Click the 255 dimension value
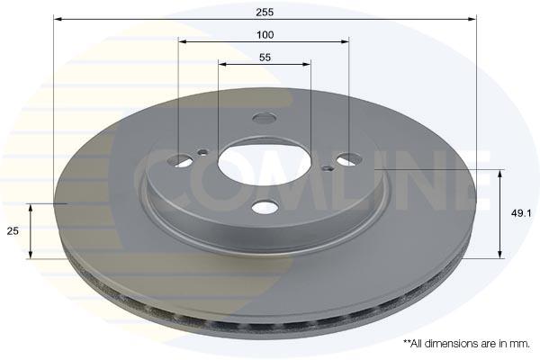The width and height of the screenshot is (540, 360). [x=265, y=12]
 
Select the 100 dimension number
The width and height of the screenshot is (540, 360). [x=265, y=35]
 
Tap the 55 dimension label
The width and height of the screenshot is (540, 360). [x=265, y=58]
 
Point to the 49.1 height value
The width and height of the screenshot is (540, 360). [x=521, y=213]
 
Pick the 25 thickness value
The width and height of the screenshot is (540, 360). [x=13, y=231]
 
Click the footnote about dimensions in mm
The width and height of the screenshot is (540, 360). [x=466, y=344]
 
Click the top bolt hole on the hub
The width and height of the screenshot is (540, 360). [x=264, y=118]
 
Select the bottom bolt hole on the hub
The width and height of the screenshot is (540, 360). [x=264, y=207]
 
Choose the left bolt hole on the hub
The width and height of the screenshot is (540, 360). [x=179, y=160]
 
